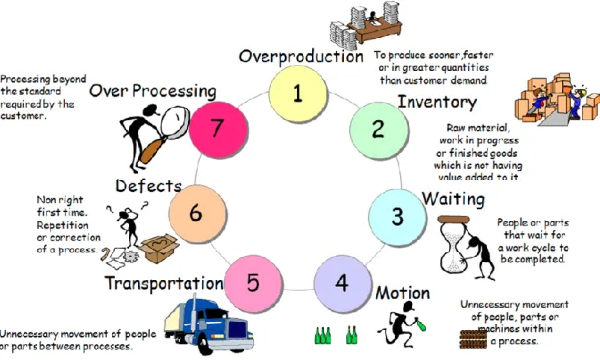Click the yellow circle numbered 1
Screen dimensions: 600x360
click(298, 94)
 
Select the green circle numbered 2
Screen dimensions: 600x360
click(378, 129)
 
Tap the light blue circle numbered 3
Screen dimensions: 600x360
click(397, 217)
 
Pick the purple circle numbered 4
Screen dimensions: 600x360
click(342, 283)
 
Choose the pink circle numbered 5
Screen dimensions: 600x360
click(253, 284)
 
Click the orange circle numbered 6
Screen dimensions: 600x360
click(197, 213)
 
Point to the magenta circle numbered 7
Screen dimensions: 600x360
click(218, 129)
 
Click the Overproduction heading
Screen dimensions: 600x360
click(301, 56)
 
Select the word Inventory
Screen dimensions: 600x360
click(437, 103)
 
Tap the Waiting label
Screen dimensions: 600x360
click(453, 199)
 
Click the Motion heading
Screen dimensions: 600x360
click(403, 293)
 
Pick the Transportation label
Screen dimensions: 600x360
click(164, 283)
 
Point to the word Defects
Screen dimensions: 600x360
click(148, 186)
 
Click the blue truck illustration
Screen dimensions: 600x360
click(209, 324)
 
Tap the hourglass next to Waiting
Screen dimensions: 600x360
click(454, 245)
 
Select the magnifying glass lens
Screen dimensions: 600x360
click(175, 121)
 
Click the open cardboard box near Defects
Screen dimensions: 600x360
click(159, 249)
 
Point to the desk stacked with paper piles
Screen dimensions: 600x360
click(365, 25)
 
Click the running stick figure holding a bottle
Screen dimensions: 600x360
click(402, 324)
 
